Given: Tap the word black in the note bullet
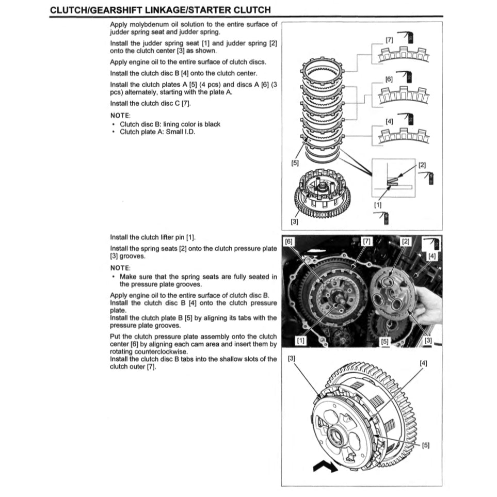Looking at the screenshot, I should point(212,124).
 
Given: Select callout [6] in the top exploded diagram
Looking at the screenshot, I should point(389,79).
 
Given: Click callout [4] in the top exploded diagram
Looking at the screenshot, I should point(389,120).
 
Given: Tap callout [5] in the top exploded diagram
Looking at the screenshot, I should point(295,163).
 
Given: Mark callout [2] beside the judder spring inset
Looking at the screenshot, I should point(422,165).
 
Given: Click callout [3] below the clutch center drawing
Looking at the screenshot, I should point(294,222).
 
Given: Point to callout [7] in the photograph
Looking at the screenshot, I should point(366,242).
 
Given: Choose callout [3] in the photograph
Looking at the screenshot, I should point(428,340).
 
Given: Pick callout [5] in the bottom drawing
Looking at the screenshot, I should point(425,445).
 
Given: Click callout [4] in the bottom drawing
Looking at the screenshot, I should point(423,363).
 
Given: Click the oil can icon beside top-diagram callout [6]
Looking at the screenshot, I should point(408,76).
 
